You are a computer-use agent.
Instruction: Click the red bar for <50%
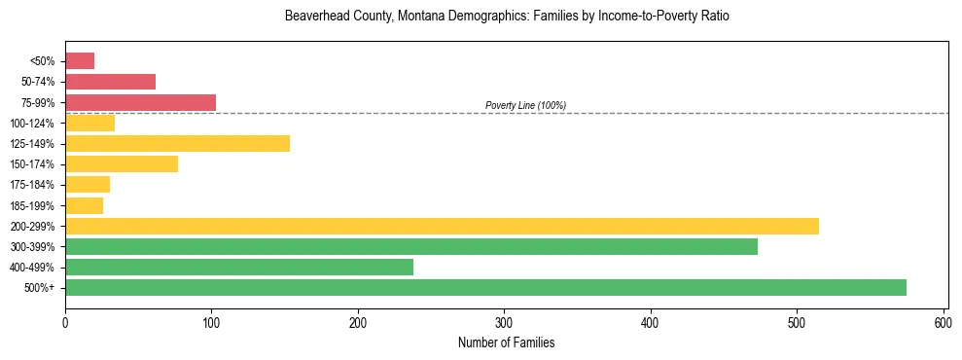coord(80,61)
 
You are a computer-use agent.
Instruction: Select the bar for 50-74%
coord(110,82)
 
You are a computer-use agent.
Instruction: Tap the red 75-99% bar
coord(140,102)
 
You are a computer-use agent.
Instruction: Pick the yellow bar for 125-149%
coord(177,144)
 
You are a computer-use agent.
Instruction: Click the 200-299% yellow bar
coord(442,226)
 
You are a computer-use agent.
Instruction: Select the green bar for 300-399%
coord(410,246)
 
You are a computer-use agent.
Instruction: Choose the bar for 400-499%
coord(239,267)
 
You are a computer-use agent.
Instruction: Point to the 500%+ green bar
coord(485,287)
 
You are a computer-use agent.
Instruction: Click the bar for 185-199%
coord(84,205)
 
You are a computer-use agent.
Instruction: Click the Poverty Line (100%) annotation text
coord(525,105)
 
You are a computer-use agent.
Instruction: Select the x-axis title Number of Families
coord(506,342)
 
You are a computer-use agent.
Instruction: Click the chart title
coord(506,17)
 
